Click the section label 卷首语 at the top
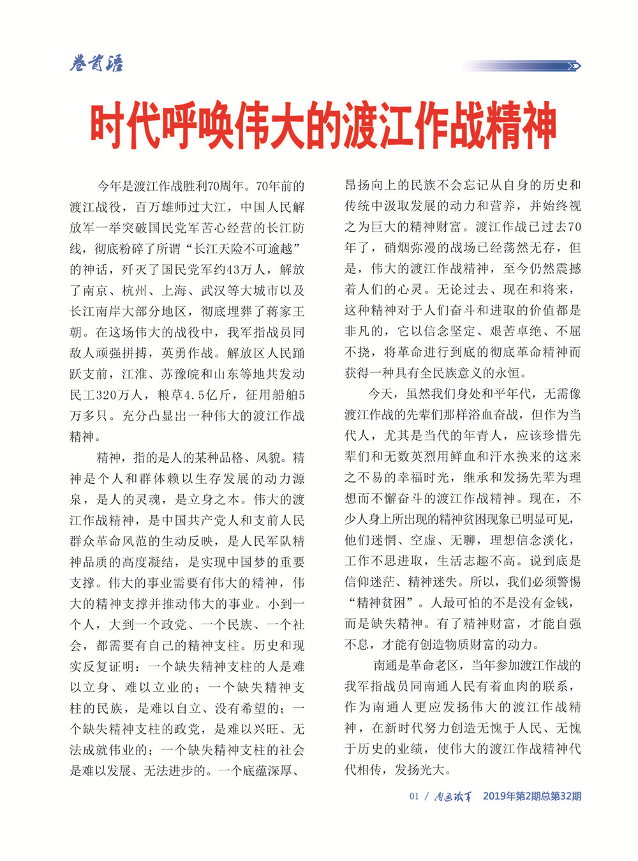[x=96, y=64]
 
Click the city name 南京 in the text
[x=97, y=291]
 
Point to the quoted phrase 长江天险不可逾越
[x=240, y=249]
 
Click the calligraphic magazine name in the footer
[x=453, y=797]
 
